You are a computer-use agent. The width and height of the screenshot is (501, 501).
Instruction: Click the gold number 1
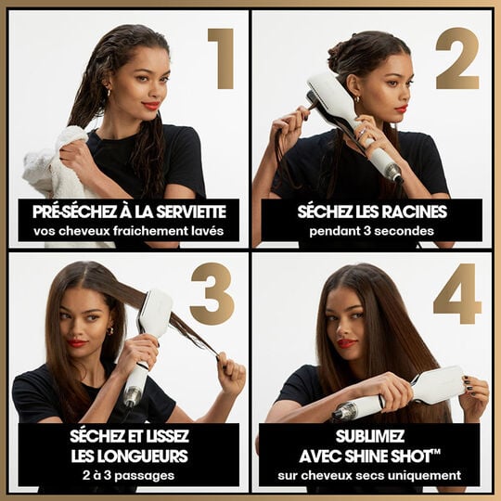(x=221, y=58)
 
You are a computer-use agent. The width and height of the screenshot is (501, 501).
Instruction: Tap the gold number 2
(x=456, y=58)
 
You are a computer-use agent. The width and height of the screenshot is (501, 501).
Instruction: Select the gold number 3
(x=212, y=293)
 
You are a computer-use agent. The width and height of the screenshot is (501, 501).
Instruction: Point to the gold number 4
(x=457, y=293)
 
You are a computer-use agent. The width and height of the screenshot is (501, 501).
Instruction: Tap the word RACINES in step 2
(x=413, y=211)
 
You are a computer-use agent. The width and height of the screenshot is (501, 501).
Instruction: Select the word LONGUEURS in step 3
(x=128, y=456)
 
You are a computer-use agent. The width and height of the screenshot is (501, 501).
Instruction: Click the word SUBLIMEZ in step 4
(x=369, y=436)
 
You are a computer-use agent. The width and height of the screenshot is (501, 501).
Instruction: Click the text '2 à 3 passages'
(x=128, y=475)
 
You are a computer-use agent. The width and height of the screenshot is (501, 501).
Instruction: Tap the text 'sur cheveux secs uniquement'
(x=369, y=475)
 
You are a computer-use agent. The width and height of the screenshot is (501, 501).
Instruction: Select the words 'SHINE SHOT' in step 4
(x=398, y=456)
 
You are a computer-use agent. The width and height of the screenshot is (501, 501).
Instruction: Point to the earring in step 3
(x=110, y=330)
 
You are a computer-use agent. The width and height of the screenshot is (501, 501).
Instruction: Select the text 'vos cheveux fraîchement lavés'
(x=128, y=230)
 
